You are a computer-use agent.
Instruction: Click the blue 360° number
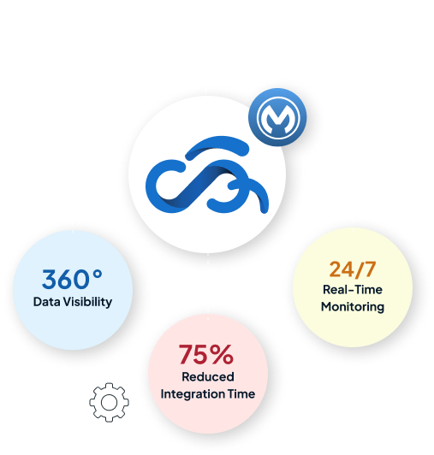(72, 279)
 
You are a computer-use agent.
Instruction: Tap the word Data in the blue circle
(47, 302)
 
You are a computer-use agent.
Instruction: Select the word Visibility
(87, 303)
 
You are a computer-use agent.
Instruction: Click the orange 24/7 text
(353, 269)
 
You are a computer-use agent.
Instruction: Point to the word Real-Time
(353, 290)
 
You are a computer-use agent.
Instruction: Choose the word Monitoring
(353, 307)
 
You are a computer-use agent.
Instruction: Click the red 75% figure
(206, 354)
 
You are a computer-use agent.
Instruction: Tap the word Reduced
(208, 377)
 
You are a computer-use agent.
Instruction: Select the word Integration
(193, 394)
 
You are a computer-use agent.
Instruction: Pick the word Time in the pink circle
(241, 394)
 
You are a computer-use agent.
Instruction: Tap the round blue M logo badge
(277, 117)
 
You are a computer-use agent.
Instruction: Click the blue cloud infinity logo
(207, 174)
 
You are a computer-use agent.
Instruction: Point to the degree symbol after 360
(98, 275)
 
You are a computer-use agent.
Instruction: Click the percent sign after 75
(222, 354)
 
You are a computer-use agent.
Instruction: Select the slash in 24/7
(360, 270)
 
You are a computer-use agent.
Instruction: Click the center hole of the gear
(110, 403)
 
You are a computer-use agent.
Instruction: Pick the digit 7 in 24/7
(370, 269)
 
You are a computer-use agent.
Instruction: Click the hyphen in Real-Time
(351, 291)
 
